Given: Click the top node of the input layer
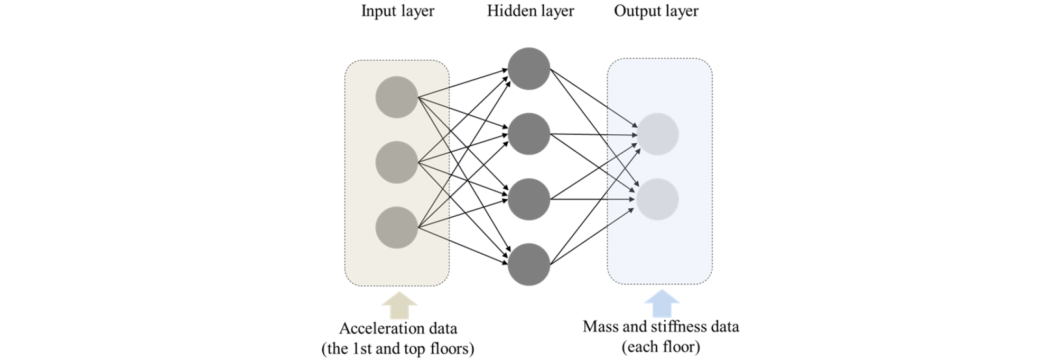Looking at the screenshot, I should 396,97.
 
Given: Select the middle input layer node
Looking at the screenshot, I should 396,162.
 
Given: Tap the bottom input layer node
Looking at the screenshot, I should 396,227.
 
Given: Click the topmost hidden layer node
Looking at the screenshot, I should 528,69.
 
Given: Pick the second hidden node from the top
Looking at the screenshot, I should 528,134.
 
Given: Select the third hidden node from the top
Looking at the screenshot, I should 528,199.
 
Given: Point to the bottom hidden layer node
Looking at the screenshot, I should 528,264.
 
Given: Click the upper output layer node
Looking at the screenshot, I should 657,134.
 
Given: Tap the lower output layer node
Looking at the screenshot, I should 657,199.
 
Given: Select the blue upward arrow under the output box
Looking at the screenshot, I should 661,303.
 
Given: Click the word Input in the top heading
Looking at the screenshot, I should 376,11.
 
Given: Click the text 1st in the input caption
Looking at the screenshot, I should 362,349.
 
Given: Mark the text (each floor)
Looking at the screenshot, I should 660,347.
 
